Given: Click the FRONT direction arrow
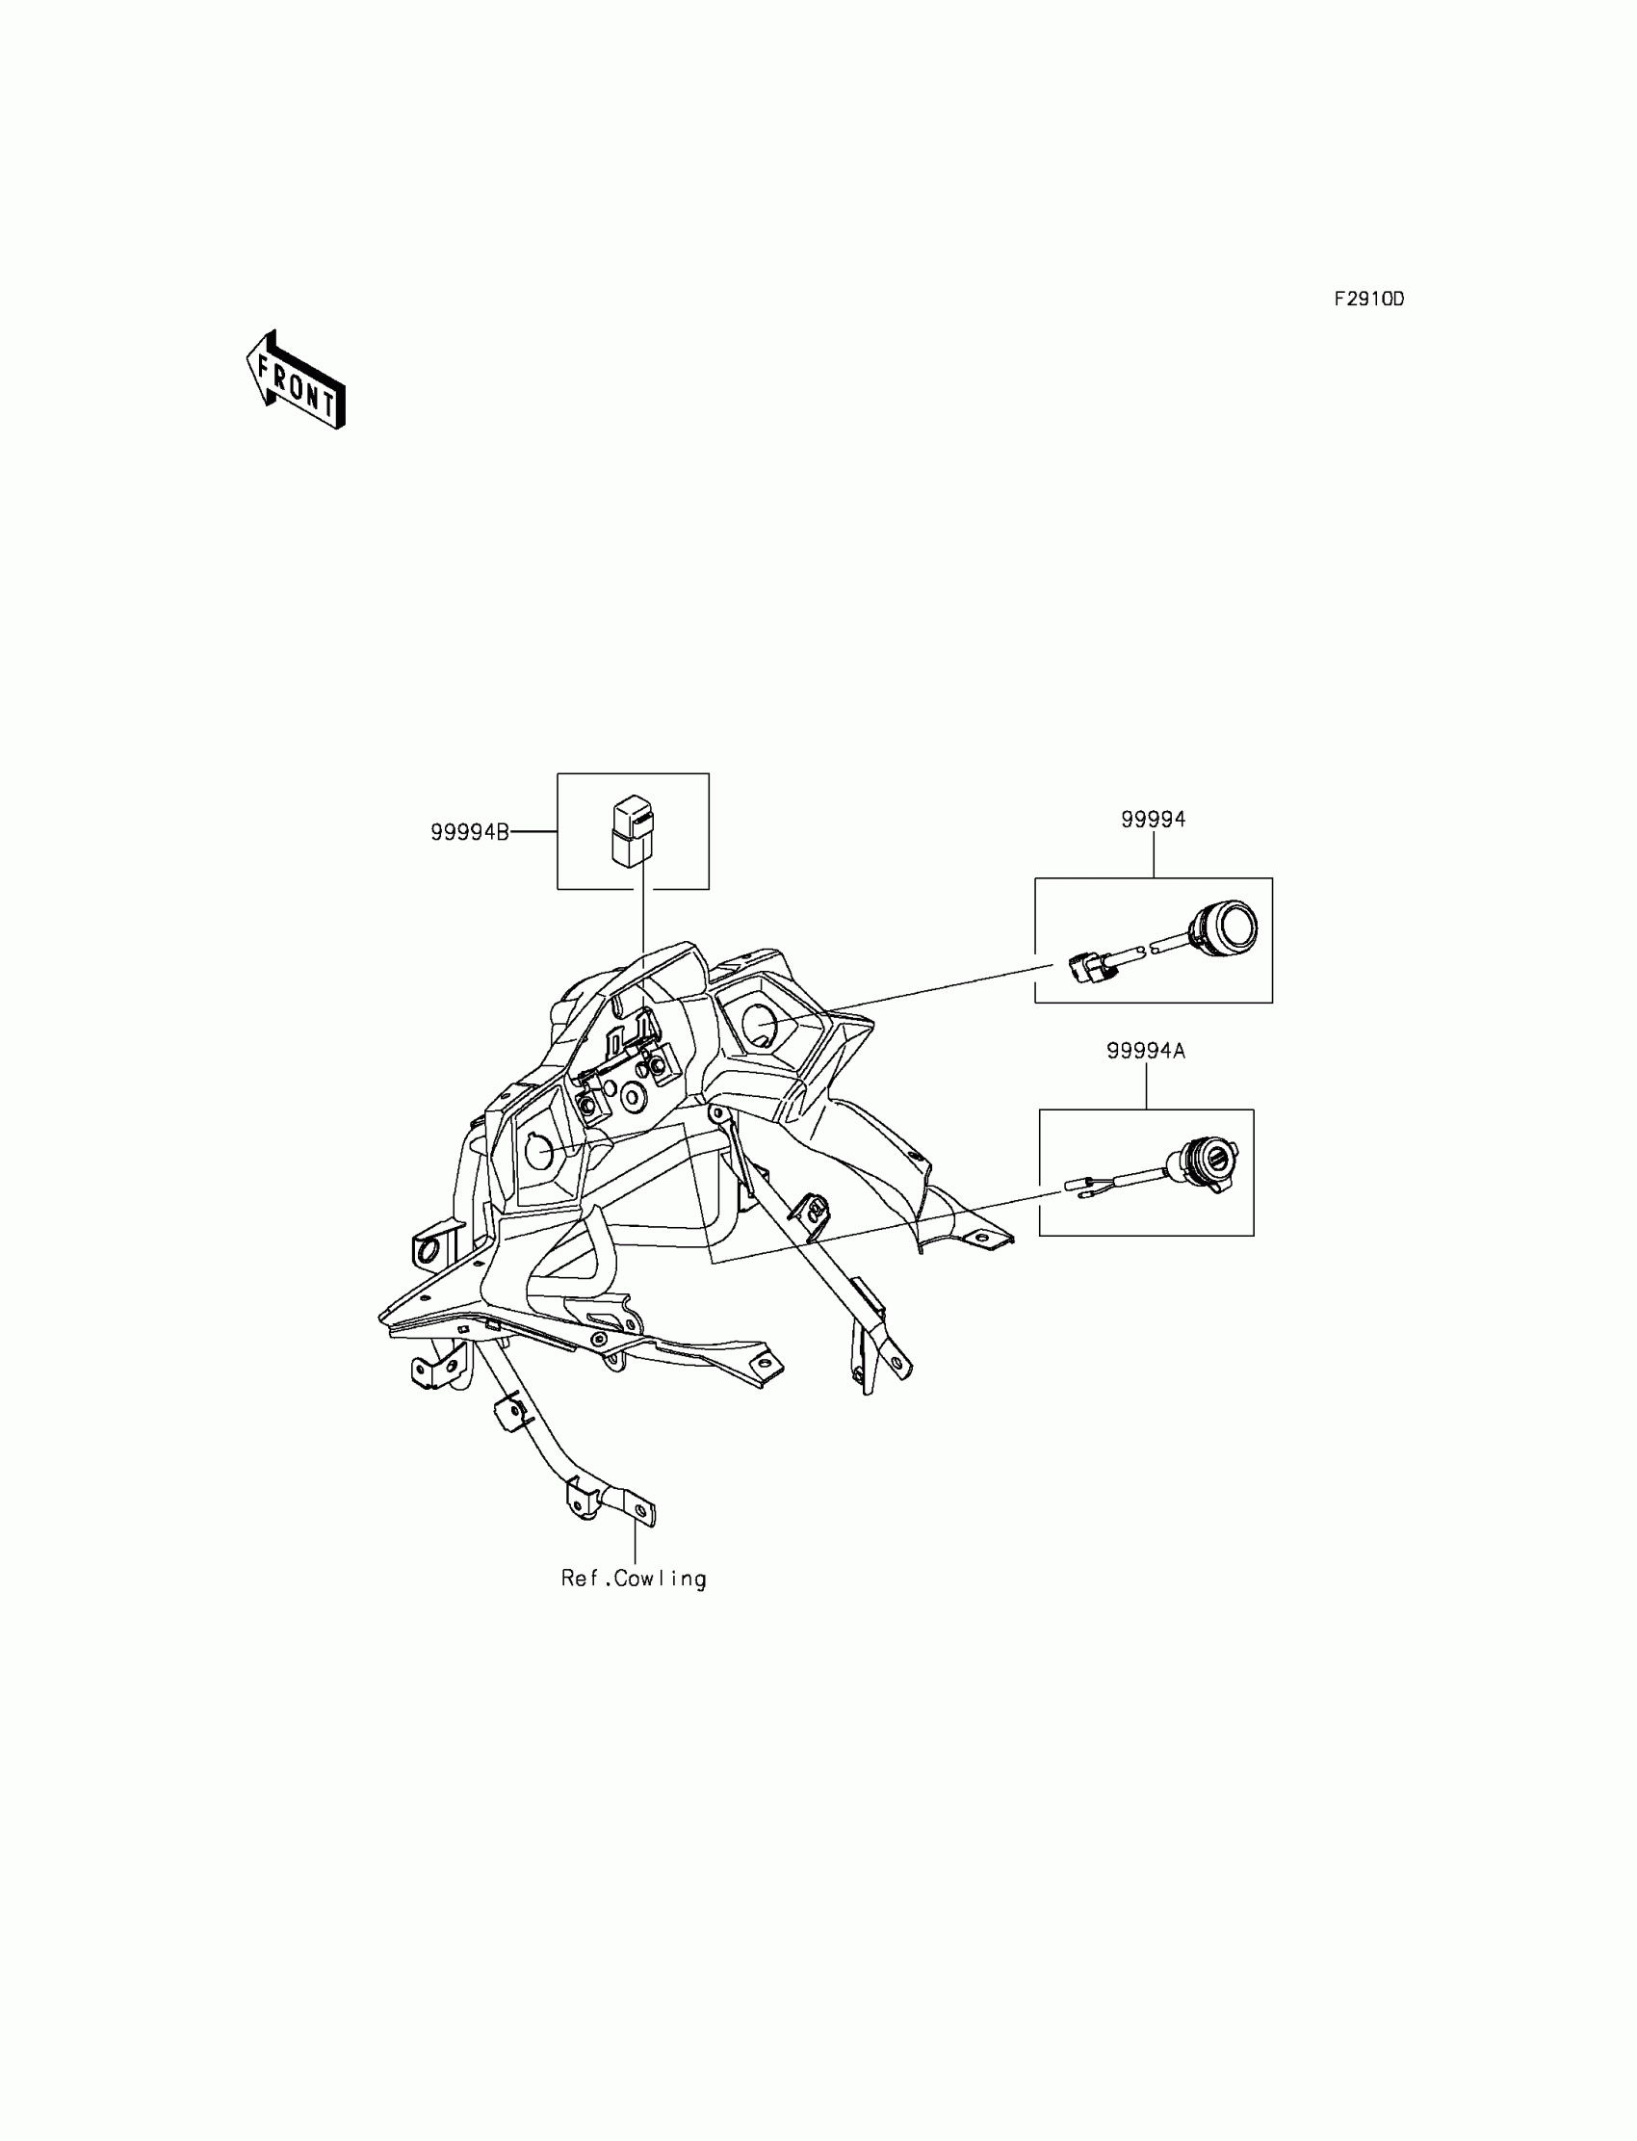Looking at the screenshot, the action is tap(296, 381).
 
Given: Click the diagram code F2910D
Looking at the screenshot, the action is tap(1369, 300).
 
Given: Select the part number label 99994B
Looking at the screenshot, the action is tap(470, 832).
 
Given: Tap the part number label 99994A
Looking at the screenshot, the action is tap(1145, 1051).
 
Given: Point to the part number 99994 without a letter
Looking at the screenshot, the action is tap(1153, 820).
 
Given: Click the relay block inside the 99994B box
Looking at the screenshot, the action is tap(632, 829).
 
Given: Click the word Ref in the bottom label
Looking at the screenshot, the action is tap(576, 1578).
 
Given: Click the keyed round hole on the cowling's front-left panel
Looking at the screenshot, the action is tap(539, 1151).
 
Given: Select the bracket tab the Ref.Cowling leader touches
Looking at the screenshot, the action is tap(638, 1511).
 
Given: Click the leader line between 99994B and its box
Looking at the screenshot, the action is tap(533, 832).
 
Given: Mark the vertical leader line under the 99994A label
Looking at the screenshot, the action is tap(1146, 1085).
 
